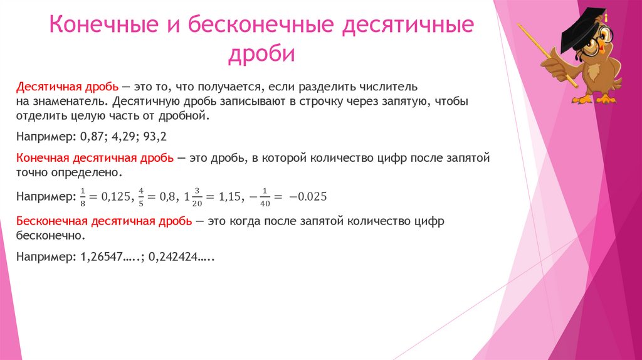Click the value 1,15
pyautogui.click(x=229, y=196)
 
